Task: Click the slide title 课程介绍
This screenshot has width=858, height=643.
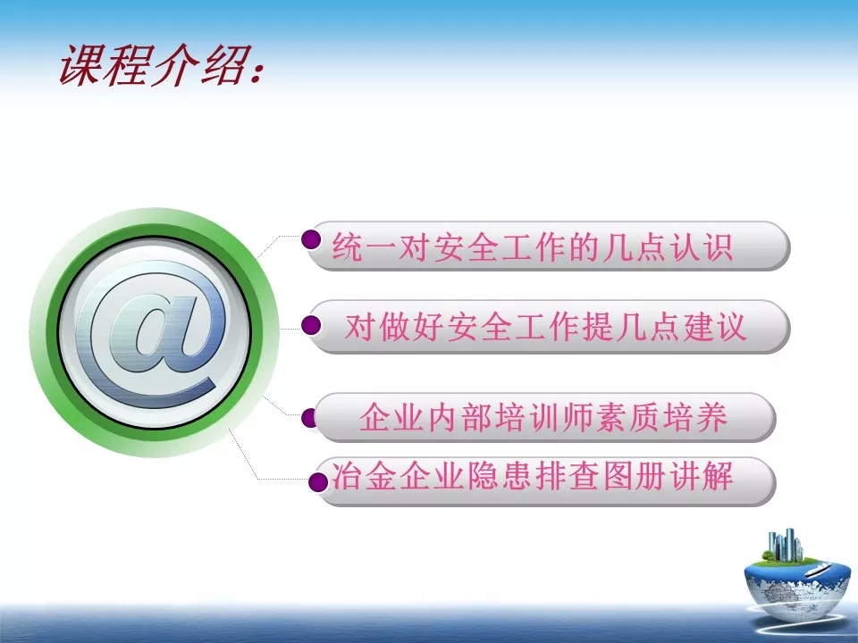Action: point(153,65)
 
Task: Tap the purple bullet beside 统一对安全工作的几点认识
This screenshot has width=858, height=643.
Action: point(311,239)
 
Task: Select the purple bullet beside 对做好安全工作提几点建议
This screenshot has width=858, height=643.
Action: point(311,325)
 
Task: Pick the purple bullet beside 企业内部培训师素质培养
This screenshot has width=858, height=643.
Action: point(308,418)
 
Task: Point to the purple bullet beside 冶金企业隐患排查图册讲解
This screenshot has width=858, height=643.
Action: point(317,482)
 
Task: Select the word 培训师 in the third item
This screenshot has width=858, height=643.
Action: point(544,417)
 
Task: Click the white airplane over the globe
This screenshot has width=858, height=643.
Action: point(818,569)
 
